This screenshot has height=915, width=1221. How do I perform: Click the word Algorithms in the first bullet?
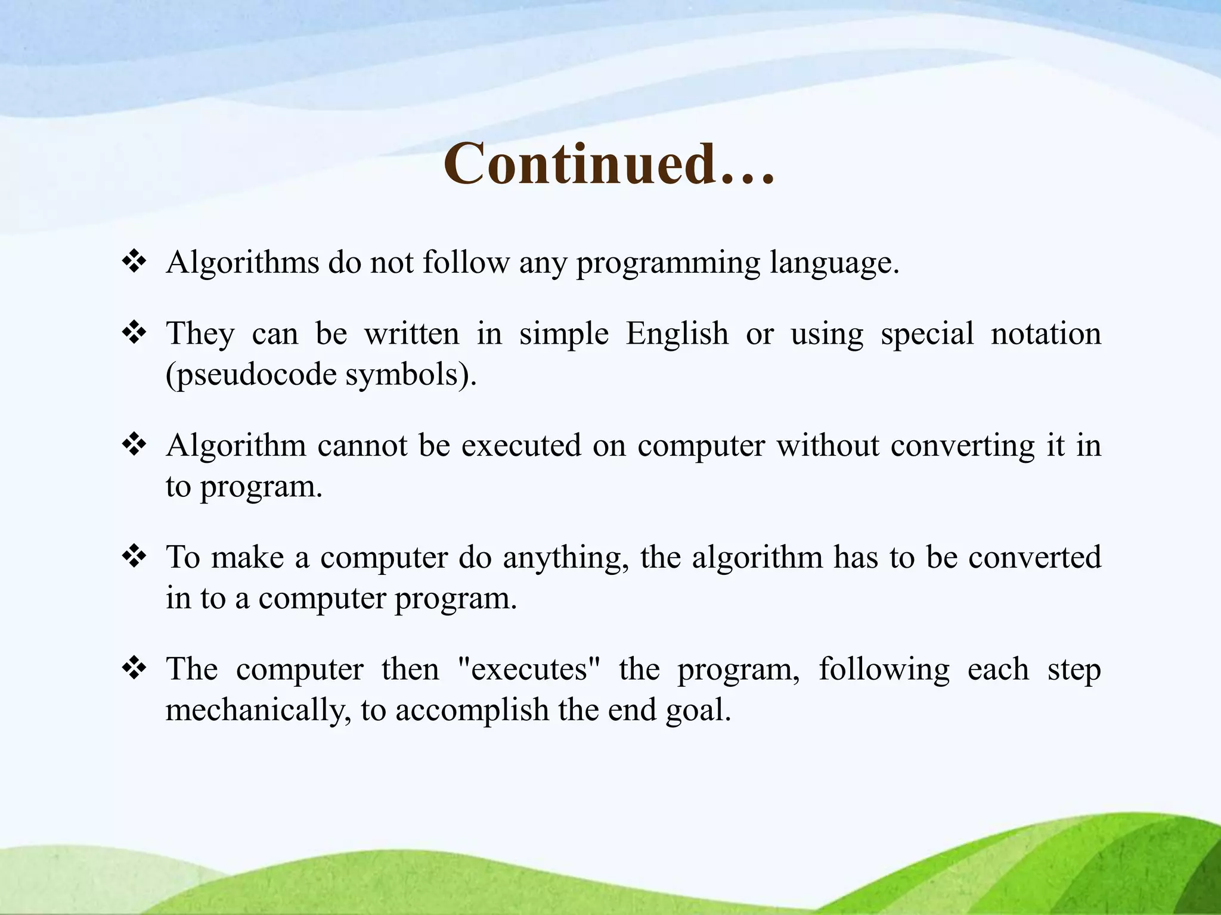tap(243, 262)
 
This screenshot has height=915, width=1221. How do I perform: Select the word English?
tap(677, 334)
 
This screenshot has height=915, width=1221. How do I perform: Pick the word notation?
tap(1046, 334)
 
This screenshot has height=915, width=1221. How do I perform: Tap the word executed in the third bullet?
tap(521, 446)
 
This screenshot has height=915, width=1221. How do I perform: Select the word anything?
tap(566, 558)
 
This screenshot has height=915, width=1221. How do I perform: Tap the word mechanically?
tap(258, 710)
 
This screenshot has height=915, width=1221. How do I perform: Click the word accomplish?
tap(472, 710)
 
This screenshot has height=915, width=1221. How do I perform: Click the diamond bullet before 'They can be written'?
tap(134, 332)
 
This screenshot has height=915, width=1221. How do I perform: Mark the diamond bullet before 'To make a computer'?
tap(134, 556)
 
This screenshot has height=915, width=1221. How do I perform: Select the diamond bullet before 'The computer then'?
tap(134, 668)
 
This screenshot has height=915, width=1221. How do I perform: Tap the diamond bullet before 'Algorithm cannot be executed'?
tap(134, 444)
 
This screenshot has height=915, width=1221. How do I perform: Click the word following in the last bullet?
tap(884, 669)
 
